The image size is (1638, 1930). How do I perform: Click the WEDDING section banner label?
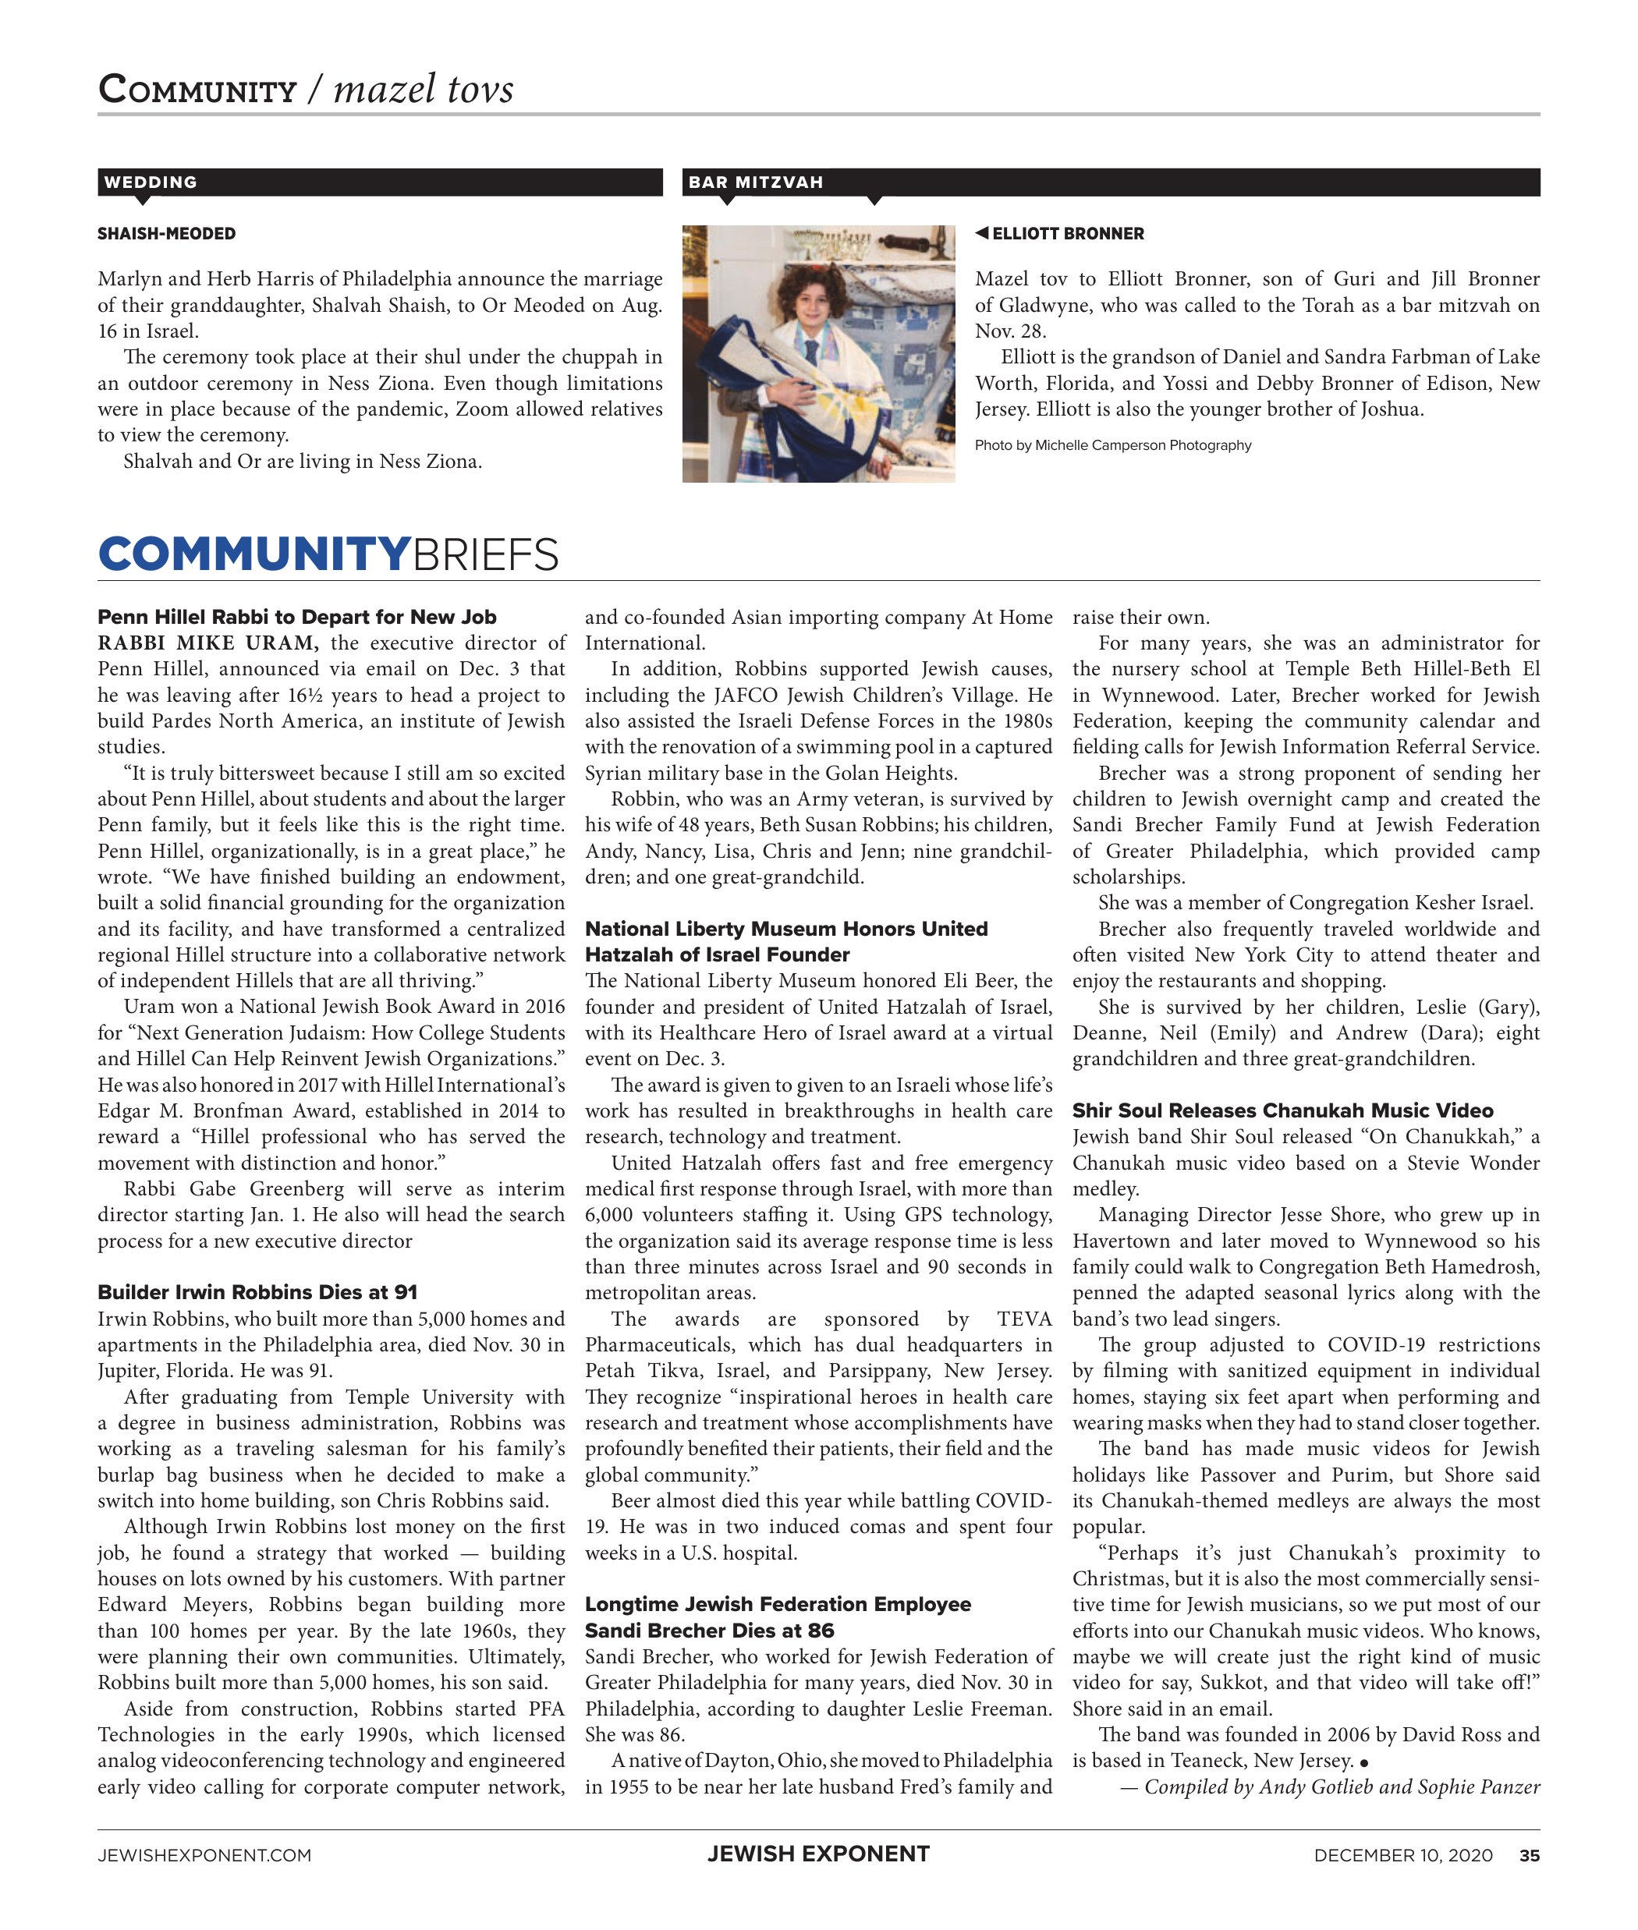coord(151,182)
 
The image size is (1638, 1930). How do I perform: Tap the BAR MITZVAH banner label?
coord(755,182)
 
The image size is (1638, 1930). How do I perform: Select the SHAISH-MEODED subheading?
coord(166,234)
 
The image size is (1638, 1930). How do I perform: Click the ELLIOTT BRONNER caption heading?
coord(1067,234)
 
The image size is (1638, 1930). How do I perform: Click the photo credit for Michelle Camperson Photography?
coord(1112,445)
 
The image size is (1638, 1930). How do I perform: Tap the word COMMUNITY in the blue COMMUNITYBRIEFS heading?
coord(253,554)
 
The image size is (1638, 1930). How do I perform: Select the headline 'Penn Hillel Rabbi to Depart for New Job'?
coord(296,618)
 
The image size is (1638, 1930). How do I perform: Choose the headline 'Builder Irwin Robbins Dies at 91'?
coord(257,1292)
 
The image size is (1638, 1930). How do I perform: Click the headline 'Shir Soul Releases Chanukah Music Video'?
coord(1282,1110)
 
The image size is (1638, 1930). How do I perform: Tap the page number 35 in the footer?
coord(1529,1856)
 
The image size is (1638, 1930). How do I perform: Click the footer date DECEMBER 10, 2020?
coord(1402,1856)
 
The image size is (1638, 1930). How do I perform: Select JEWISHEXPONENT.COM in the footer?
coord(204,1856)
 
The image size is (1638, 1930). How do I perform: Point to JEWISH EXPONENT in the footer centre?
coord(818,1855)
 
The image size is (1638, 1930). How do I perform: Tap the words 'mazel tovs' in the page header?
coord(423,90)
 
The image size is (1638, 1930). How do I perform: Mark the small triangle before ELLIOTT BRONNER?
coord(981,233)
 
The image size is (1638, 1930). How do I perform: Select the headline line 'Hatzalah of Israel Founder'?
coord(717,954)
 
